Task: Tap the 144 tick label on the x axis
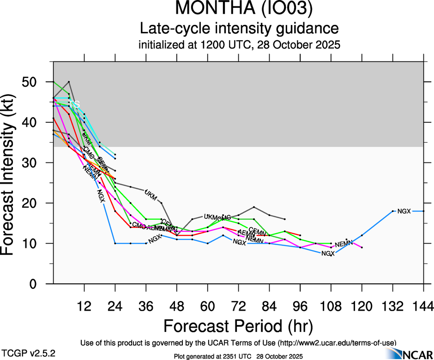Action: [x=423, y=306]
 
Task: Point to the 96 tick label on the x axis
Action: [x=300, y=306]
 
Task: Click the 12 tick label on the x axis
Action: [x=84, y=306]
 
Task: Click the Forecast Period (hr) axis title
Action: [x=238, y=326]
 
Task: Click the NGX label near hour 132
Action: [x=404, y=211]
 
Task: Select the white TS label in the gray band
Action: [x=75, y=104]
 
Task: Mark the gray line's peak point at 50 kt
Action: [x=69, y=82]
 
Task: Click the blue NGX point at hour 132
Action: [x=392, y=211]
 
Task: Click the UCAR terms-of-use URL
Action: [x=336, y=342]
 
